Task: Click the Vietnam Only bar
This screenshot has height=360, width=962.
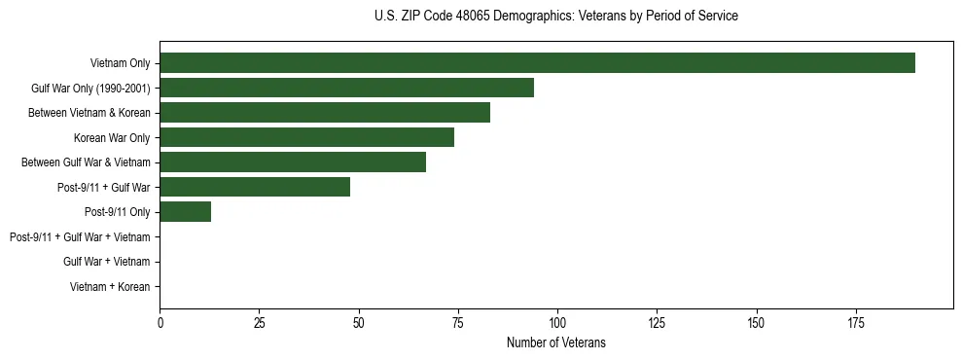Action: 537,63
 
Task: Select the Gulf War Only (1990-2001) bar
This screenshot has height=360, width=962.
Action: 346,88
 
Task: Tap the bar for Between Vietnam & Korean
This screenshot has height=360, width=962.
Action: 325,113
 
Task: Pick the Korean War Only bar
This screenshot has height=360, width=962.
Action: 306,137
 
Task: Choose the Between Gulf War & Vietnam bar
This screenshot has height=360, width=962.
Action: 293,162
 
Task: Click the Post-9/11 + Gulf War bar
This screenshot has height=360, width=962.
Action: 255,187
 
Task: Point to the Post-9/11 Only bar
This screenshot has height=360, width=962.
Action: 185,212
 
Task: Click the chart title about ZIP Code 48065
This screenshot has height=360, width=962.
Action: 556,17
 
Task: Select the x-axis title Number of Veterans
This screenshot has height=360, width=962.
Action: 556,342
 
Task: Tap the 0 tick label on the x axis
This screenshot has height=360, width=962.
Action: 160,322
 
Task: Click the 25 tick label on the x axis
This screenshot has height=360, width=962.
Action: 259,322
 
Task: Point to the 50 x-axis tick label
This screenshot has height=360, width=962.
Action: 358,322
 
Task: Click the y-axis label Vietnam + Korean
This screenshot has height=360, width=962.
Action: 110,287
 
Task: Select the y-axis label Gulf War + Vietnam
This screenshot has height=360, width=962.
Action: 106,262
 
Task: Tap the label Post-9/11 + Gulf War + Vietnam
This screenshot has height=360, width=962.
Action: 80,236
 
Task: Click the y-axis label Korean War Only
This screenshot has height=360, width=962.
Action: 112,137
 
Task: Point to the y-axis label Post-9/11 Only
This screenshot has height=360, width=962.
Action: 117,212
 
